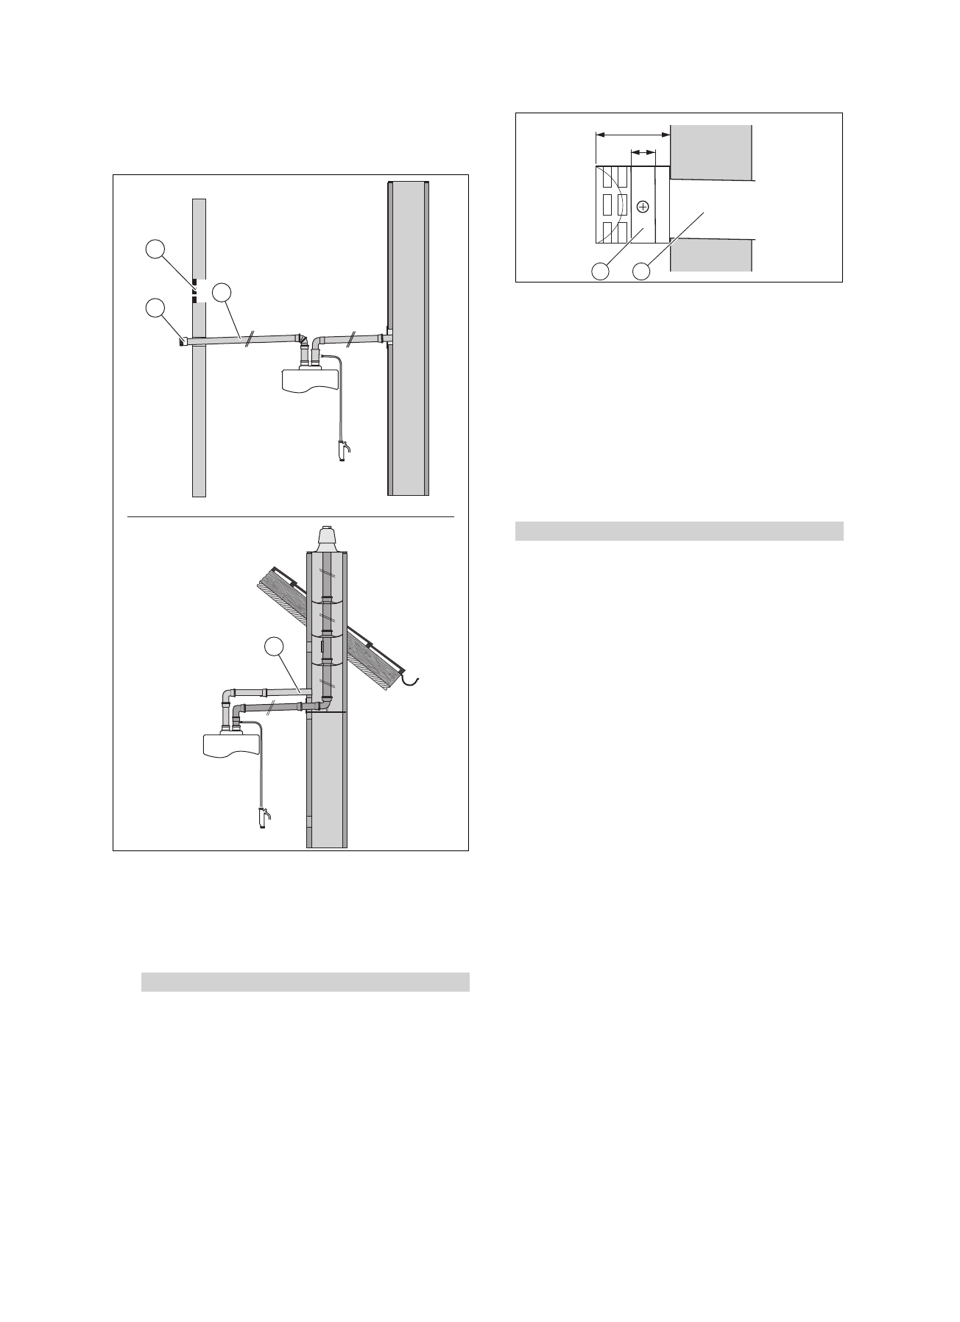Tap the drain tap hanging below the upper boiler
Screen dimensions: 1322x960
(x=342, y=450)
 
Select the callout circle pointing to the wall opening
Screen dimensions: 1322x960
(x=155, y=250)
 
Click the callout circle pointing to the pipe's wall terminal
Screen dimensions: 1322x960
(x=155, y=308)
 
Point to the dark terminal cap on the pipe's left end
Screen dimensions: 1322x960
(x=182, y=341)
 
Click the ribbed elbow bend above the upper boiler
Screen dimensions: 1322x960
(x=303, y=338)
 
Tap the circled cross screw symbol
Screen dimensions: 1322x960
(x=643, y=207)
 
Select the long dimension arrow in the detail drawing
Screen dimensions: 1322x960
(x=632, y=135)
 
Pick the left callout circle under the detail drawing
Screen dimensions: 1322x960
(x=601, y=271)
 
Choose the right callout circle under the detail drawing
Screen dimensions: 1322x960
(x=642, y=271)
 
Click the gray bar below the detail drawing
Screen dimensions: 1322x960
(x=678, y=531)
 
